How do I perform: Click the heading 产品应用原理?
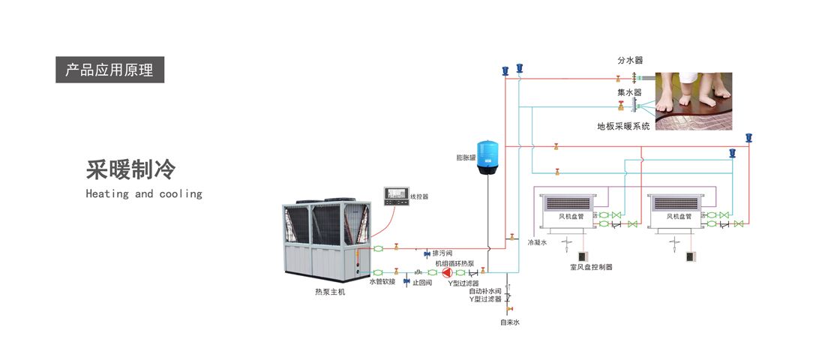(x=109, y=70)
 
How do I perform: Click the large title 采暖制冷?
(x=130, y=170)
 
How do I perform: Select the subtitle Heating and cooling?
(x=144, y=194)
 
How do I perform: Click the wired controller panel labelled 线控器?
(x=395, y=196)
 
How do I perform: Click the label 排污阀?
(x=442, y=253)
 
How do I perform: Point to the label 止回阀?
(x=423, y=283)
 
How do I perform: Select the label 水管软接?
(x=382, y=283)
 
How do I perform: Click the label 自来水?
(x=510, y=322)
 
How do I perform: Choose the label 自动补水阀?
(x=484, y=291)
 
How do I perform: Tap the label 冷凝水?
(x=538, y=242)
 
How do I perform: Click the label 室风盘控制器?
(x=591, y=267)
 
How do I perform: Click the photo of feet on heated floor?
(x=694, y=101)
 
